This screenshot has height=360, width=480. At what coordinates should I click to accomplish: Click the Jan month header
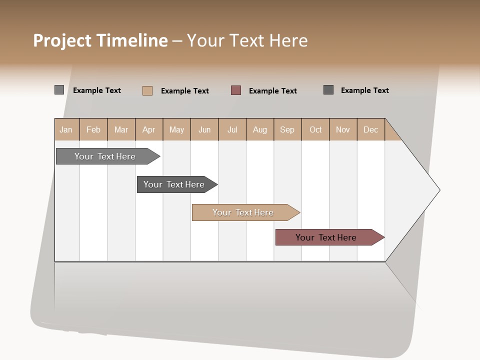tap(66, 129)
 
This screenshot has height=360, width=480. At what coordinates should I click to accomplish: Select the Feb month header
tap(93, 129)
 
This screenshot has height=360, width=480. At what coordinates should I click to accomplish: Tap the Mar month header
tap(121, 129)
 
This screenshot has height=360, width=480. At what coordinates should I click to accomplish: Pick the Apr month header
tap(148, 129)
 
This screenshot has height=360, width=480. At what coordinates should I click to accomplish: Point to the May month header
tap(176, 129)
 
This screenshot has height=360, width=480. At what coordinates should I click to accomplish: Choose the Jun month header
tap(204, 129)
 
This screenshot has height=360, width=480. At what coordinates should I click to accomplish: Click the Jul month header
tap(232, 129)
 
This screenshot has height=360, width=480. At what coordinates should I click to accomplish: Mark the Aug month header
tap(260, 129)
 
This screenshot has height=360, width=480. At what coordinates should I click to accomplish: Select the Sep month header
tap(287, 129)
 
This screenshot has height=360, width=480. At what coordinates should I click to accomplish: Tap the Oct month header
tap(315, 129)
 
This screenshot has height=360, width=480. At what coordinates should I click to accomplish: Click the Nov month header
tap(343, 129)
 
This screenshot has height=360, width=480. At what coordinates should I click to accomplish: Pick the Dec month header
tap(370, 129)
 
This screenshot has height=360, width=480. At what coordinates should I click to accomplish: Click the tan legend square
tap(147, 90)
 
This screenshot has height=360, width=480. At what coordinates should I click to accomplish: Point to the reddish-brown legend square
tap(236, 90)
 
